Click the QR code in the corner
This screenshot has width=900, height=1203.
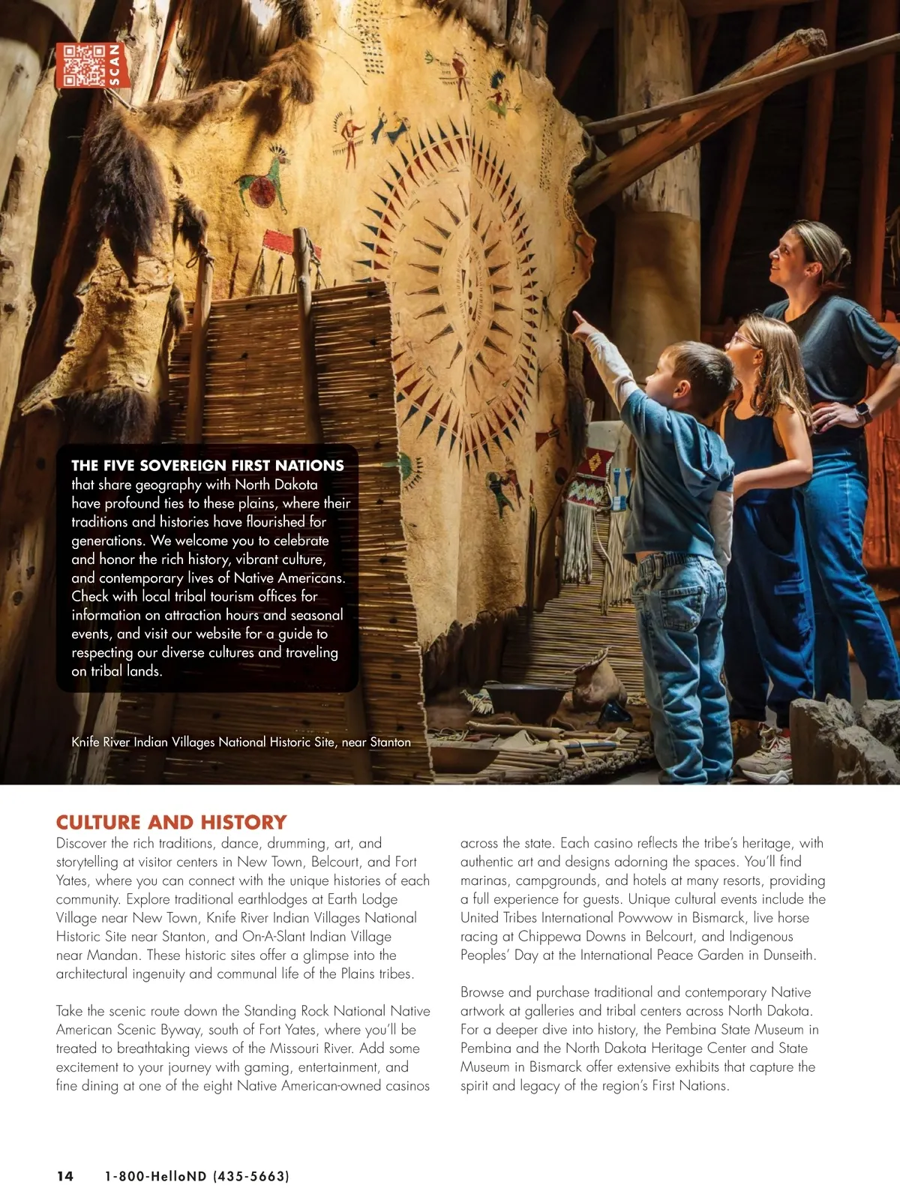click(83, 65)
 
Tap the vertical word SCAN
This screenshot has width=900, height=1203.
click(115, 65)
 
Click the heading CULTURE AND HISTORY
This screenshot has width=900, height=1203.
click(171, 822)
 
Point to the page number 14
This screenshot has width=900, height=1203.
click(65, 1176)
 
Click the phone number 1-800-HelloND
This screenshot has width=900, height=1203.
click(196, 1176)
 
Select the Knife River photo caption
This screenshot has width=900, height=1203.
click(241, 742)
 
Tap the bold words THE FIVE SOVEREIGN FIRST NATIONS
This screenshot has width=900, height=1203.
click(207, 465)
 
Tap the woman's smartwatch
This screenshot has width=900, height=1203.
click(862, 412)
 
